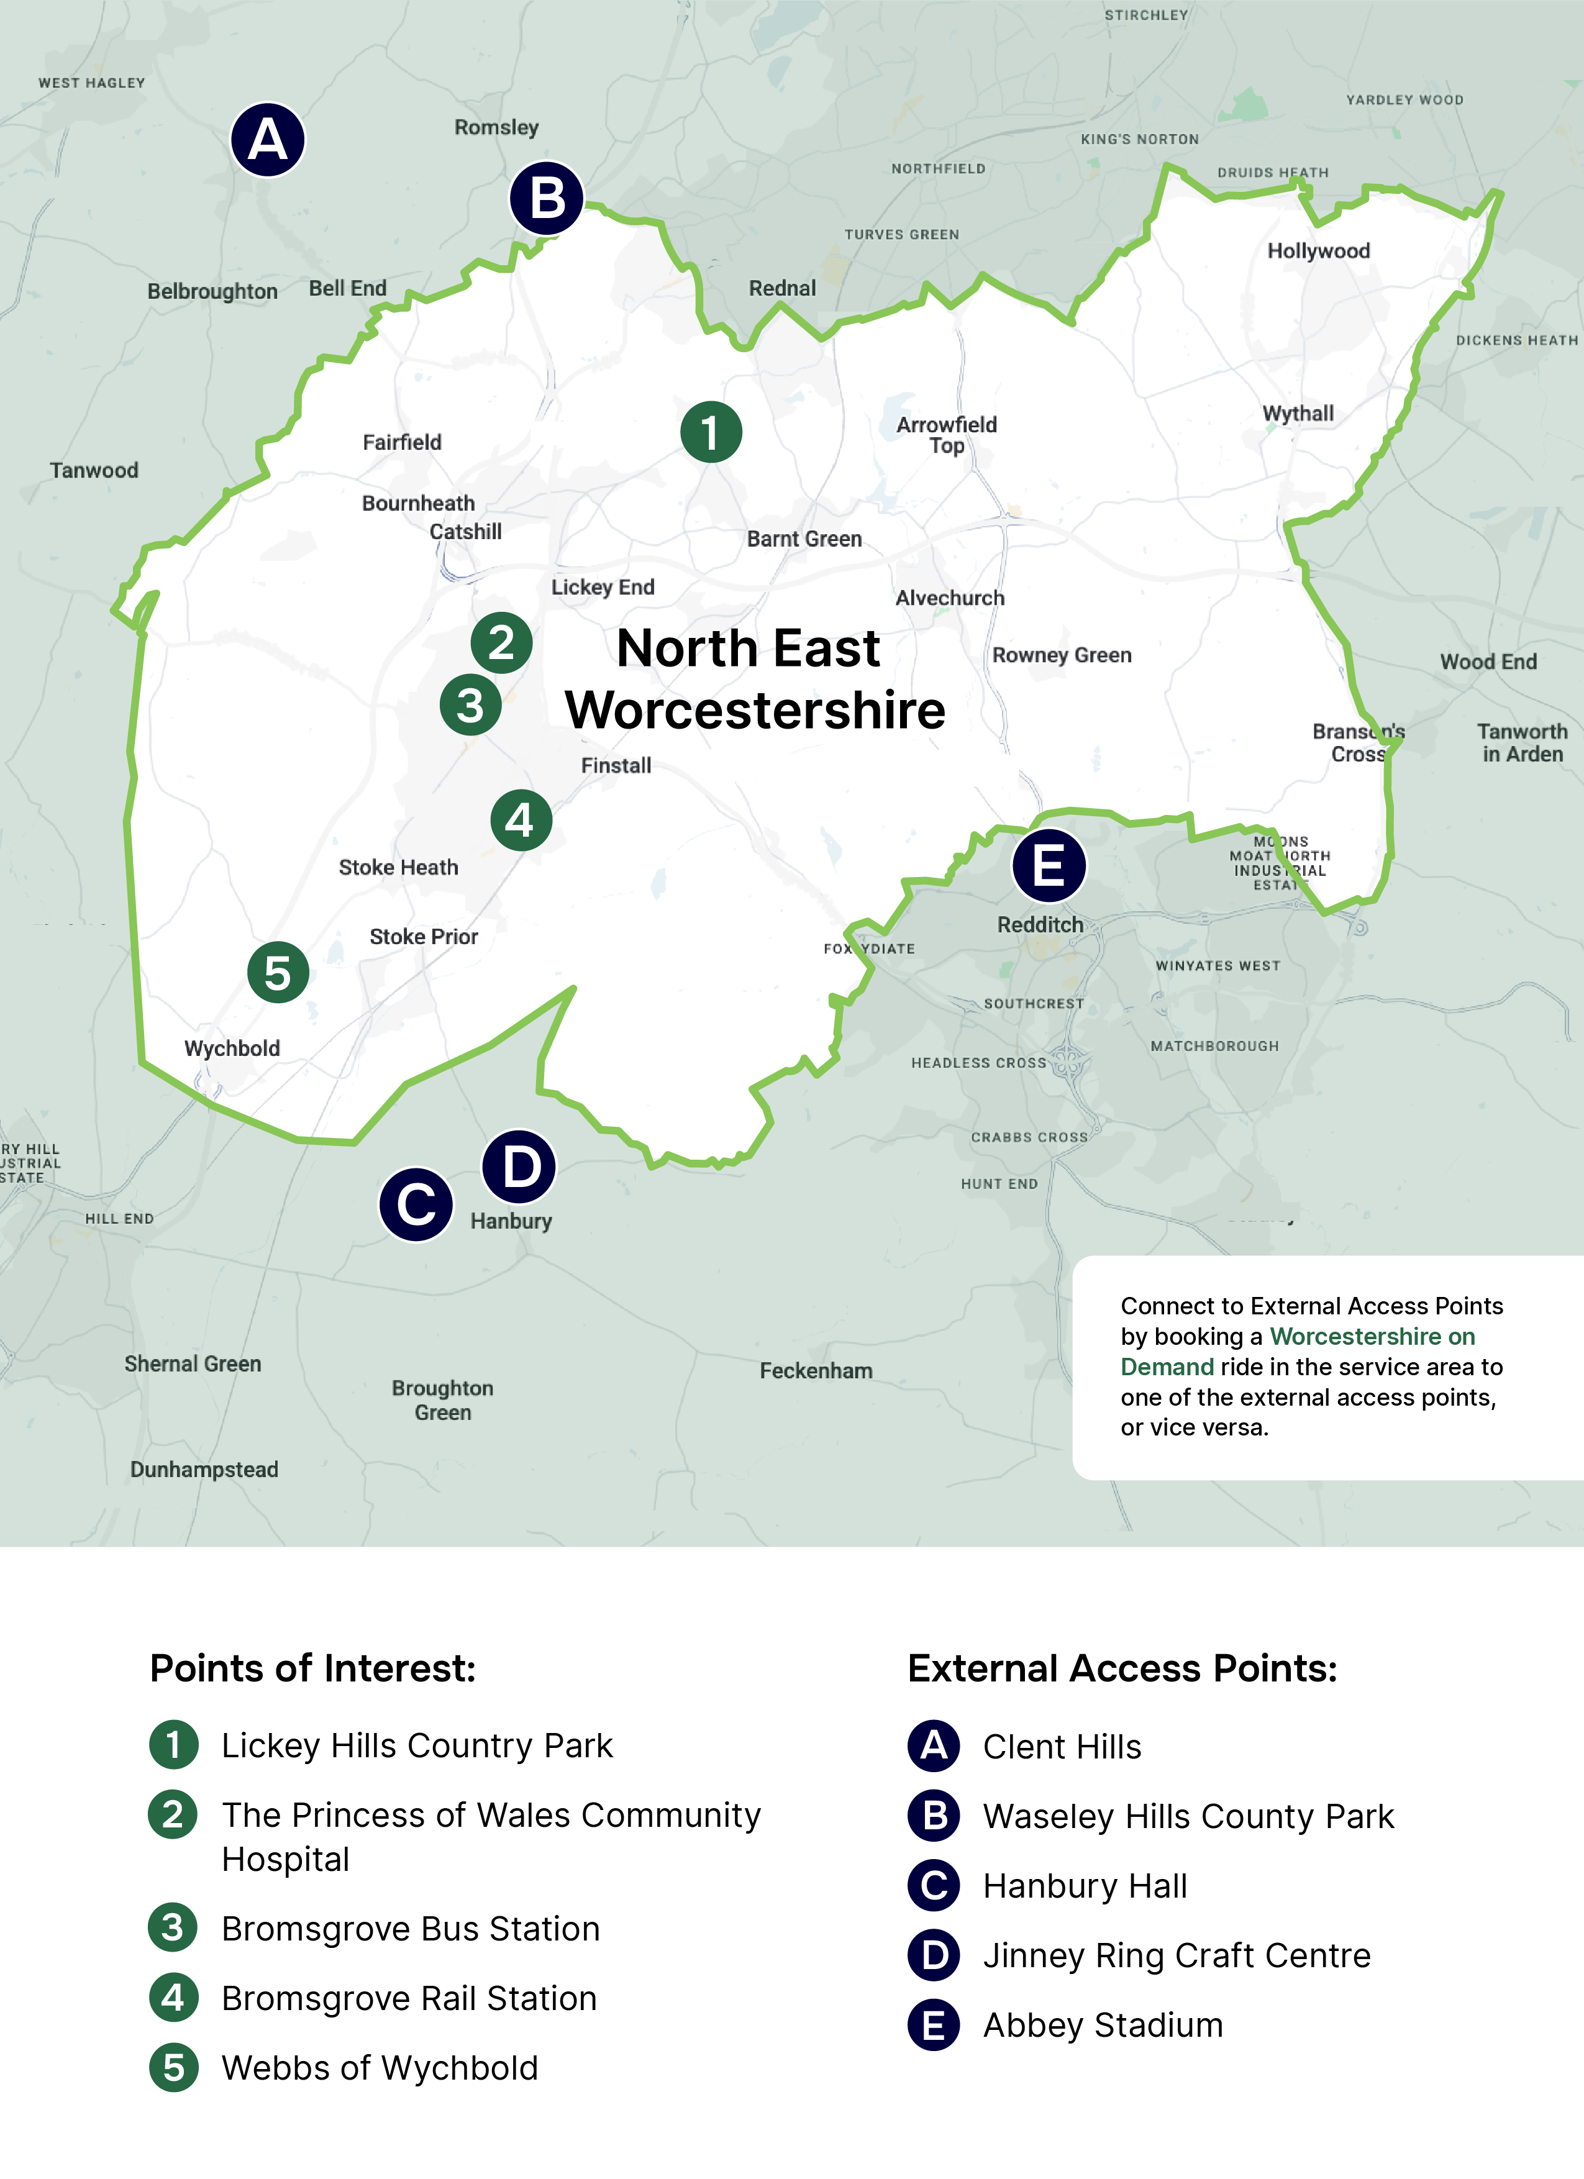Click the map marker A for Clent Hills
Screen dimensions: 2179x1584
click(268, 140)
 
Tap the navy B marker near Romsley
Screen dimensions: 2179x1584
click(547, 198)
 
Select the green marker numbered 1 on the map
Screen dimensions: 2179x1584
click(711, 432)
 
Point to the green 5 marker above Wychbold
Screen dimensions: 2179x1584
click(278, 972)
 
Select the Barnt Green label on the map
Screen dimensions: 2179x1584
click(804, 539)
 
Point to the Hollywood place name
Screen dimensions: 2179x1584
click(1318, 251)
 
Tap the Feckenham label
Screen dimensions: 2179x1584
click(816, 1371)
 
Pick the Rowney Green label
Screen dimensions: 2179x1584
click(1062, 655)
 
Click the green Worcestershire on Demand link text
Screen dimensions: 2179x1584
click(1372, 1337)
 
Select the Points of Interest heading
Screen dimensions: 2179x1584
click(312, 1669)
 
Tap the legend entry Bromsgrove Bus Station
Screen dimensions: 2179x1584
click(410, 1929)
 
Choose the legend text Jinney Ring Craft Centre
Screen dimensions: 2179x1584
click(1177, 1956)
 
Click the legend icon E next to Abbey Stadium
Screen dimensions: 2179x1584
click(934, 2026)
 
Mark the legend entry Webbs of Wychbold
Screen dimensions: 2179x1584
click(380, 2068)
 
